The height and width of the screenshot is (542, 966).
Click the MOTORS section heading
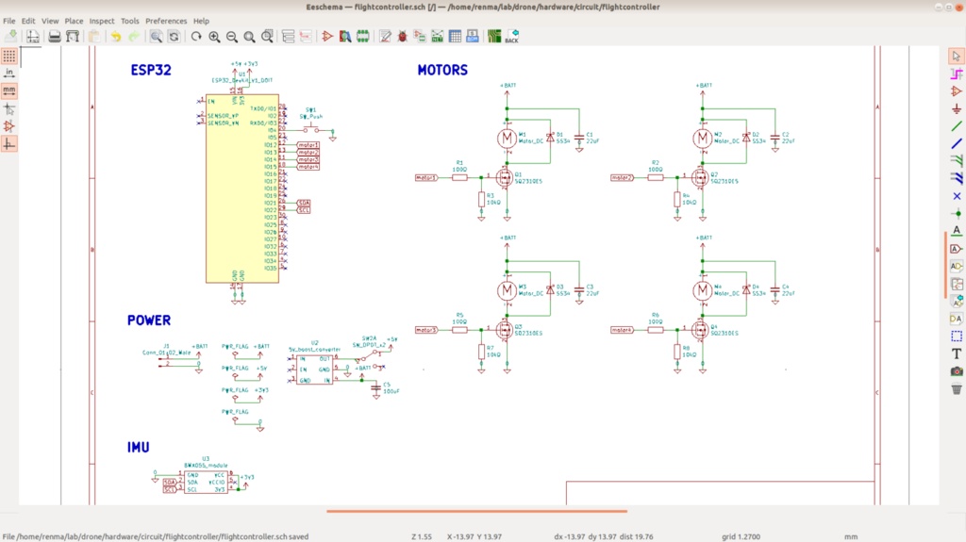(442, 70)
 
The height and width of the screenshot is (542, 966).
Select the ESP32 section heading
(151, 70)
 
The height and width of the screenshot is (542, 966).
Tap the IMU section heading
(139, 447)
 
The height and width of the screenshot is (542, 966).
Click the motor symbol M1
(508, 139)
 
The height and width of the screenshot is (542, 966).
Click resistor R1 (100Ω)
(460, 176)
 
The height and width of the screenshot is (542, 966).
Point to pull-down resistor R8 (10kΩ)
(676, 352)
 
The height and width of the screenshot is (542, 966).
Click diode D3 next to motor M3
(550, 290)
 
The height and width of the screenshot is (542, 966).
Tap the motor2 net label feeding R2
(621, 176)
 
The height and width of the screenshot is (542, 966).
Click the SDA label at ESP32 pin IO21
(304, 203)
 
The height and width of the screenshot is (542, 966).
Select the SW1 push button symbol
(310, 129)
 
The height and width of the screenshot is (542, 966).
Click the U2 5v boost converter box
(314, 370)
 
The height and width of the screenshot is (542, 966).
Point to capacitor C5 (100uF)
(375, 386)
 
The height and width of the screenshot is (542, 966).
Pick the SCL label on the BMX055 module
(170, 489)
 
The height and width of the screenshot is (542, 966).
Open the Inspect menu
(102, 21)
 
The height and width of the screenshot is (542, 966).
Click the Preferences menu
(166, 21)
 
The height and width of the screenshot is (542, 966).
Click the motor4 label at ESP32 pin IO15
(308, 167)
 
